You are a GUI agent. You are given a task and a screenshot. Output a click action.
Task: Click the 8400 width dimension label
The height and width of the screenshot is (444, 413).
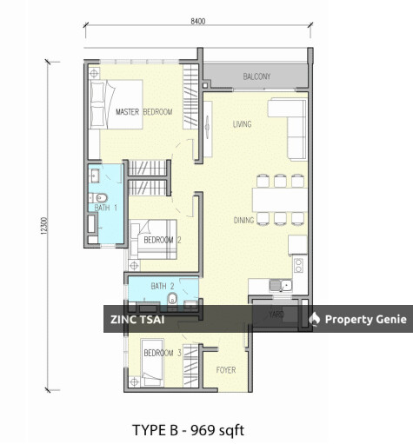[x=198, y=21]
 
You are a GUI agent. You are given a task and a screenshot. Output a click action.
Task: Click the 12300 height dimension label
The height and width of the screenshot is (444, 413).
[x=43, y=226]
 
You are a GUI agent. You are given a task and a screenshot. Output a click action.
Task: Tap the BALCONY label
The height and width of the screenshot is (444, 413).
[x=256, y=76]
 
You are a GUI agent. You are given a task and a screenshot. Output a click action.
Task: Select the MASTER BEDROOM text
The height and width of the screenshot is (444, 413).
[x=144, y=112]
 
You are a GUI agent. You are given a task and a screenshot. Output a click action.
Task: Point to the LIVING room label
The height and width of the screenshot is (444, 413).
[x=242, y=124]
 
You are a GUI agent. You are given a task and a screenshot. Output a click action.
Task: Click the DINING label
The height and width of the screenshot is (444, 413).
[x=243, y=221]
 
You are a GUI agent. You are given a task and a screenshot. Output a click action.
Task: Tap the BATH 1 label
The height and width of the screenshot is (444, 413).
[x=106, y=208]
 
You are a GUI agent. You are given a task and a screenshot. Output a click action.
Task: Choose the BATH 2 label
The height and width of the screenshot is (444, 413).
[x=163, y=286]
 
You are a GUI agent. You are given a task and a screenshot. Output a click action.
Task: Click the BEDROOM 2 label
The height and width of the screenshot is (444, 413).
[x=163, y=240]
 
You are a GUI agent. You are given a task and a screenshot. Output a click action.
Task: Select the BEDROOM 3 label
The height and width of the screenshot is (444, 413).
[x=163, y=353]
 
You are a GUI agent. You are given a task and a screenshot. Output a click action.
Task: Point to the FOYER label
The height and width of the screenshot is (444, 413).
[x=226, y=370]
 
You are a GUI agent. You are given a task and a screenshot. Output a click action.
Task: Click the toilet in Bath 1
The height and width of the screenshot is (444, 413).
[x=98, y=198]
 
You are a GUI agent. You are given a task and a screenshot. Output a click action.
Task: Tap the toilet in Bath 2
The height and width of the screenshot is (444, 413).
[x=172, y=298]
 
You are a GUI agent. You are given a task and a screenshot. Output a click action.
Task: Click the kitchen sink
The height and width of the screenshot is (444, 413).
[x=281, y=286]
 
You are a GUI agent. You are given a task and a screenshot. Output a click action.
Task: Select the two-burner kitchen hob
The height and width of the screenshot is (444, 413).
[x=298, y=266]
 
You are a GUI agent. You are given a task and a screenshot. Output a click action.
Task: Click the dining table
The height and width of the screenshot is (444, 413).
[x=280, y=200]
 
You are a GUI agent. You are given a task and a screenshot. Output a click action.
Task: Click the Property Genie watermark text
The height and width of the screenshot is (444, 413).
[x=365, y=319]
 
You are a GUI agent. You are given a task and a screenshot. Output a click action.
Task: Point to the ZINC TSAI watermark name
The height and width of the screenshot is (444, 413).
[x=137, y=320]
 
